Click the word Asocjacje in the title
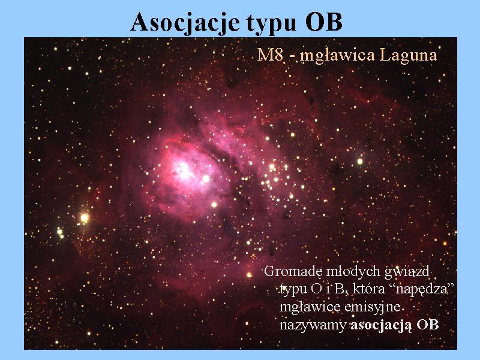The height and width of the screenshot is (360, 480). tap(185, 23)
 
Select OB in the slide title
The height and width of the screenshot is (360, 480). tap(323, 22)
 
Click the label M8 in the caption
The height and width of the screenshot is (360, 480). tap(269, 55)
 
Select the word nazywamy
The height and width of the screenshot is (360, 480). tap(313, 325)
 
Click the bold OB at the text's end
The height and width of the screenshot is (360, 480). tap(427, 325)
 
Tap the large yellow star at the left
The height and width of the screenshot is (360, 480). tap(84, 218)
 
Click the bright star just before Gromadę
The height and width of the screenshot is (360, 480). tap(249, 275)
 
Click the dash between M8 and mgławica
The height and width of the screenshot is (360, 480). tap(291, 56)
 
